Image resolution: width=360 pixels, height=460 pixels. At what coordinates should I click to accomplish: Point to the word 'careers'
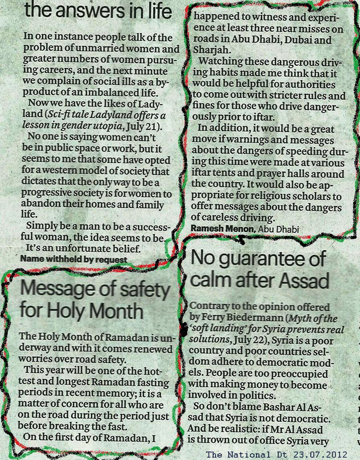point(55,71)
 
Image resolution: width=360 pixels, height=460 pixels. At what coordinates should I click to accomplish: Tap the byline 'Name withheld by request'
point(74,259)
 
